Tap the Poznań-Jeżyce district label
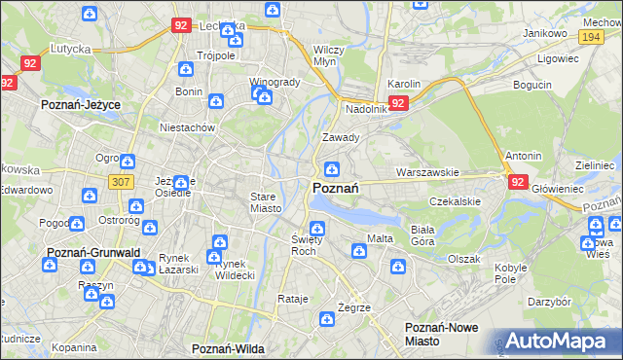tap(79, 102)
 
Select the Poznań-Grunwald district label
tap(93, 252)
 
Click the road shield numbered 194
tap(589, 36)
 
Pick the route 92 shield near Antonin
tap(516, 180)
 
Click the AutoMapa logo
tap(554, 341)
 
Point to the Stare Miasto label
tap(265, 201)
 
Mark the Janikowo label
tap(545, 33)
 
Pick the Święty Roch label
tap(306, 244)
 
